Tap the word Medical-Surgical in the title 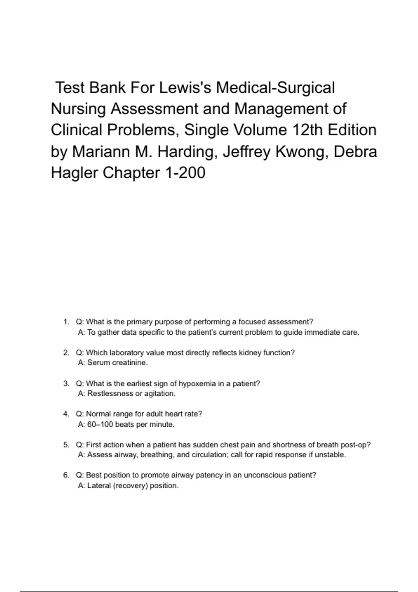[x=276, y=88]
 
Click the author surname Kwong [x=299, y=151]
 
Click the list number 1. [x=66, y=322]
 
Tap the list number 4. [x=66, y=414]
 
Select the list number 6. [x=66, y=475]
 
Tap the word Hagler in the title [x=74, y=173]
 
